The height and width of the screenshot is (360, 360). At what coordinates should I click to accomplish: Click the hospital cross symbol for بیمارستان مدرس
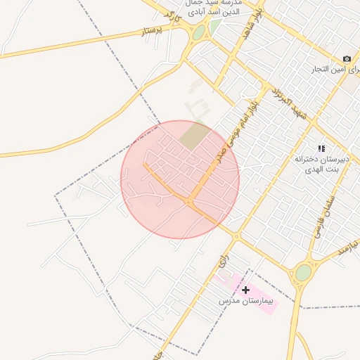245,290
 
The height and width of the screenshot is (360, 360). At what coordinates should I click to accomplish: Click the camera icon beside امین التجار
347,58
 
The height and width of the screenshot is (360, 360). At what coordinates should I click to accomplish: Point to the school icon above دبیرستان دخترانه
321,148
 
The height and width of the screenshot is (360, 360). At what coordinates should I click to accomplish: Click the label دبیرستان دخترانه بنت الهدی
322,165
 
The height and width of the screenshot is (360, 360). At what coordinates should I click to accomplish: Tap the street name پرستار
152,31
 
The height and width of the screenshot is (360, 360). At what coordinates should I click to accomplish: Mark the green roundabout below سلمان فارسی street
303,273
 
